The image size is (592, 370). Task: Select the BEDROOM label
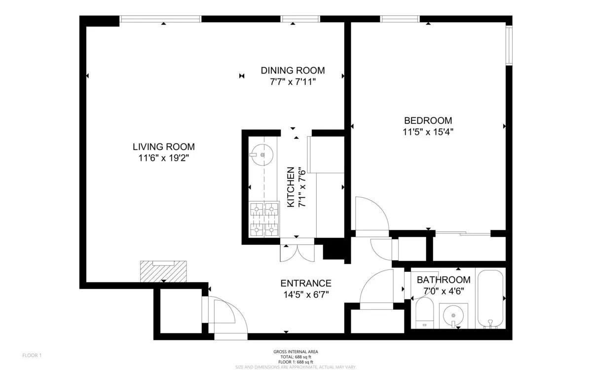pyautogui.click(x=428, y=120)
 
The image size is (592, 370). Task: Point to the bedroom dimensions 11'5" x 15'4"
pyautogui.click(x=428, y=132)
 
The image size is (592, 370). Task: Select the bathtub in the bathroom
pyautogui.click(x=491, y=298)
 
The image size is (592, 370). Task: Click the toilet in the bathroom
pyautogui.click(x=424, y=313)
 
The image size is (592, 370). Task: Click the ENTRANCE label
pyautogui.click(x=305, y=283)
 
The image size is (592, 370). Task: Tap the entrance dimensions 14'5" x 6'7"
pyautogui.click(x=305, y=295)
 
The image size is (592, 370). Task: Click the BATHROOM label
pyautogui.click(x=444, y=280)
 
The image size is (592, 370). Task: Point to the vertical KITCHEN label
pyautogui.click(x=291, y=187)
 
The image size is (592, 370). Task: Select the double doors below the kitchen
pyautogui.click(x=296, y=252)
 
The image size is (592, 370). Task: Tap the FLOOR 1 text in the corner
pyautogui.click(x=33, y=355)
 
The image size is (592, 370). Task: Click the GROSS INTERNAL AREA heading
pyautogui.click(x=296, y=352)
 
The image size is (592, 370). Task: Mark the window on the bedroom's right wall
pyautogui.click(x=509, y=45)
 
